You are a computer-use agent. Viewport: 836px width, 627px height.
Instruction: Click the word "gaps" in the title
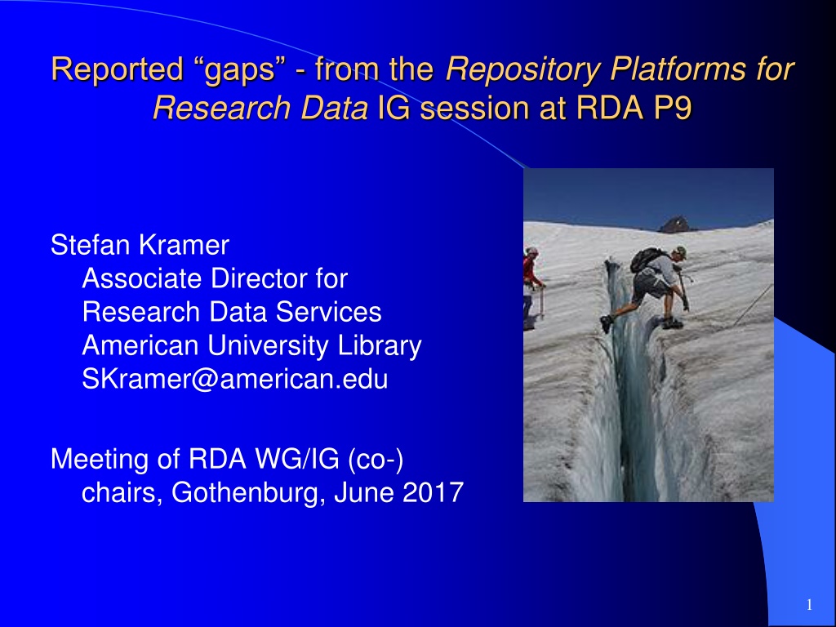coord(241,70)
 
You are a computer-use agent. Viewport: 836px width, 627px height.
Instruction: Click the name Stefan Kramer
coord(140,245)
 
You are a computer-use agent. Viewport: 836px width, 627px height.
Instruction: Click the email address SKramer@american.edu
coord(235,379)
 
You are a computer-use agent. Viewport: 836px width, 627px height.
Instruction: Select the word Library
coord(380,345)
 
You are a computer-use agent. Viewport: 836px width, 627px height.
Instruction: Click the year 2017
coord(433,492)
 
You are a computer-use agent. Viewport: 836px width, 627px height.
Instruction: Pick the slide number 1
coord(809,605)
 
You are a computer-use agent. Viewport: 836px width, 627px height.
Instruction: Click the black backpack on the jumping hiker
coord(646,260)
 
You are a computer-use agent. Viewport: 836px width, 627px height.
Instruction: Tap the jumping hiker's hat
coord(680,251)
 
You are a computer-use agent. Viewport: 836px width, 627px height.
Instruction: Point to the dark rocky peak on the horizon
coord(676,225)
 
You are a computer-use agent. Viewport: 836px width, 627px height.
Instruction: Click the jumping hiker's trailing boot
coord(606,323)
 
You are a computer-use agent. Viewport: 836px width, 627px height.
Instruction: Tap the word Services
coord(328,312)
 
